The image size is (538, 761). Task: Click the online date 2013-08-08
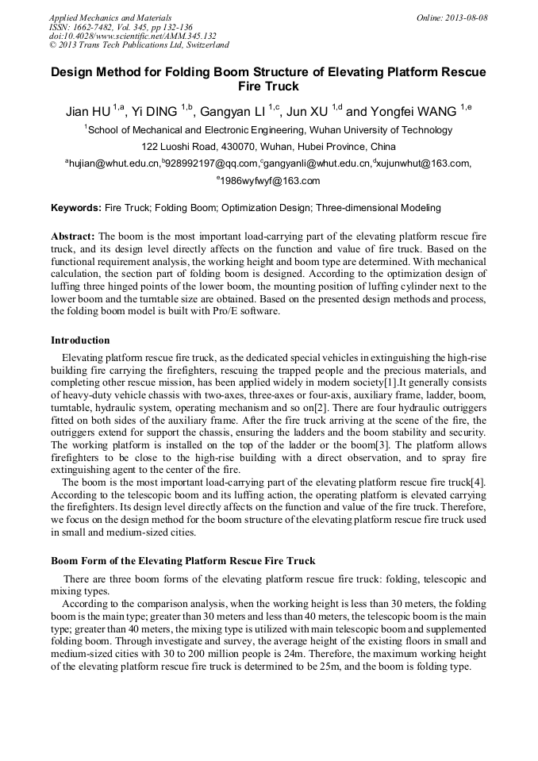pyautogui.click(x=467, y=17)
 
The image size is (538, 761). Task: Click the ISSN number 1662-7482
pyautogui.click(x=97, y=27)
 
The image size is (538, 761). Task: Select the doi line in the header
pyautogui.click(x=133, y=36)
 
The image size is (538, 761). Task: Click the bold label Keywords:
pyautogui.click(x=76, y=208)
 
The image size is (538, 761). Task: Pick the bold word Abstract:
pyautogui.click(x=73, y=237)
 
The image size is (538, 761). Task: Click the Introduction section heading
pyautogui.click(x=80, y=340)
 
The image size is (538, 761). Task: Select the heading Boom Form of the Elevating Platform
pyautogui.click(x=183, y=561)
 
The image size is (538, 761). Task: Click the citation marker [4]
pyautogui.click(x=479, y=482)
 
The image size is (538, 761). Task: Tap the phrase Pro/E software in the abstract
pyautogui.click(x=246, y=310)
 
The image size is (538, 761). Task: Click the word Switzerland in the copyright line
pyautogui.click(x=202, y=45)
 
